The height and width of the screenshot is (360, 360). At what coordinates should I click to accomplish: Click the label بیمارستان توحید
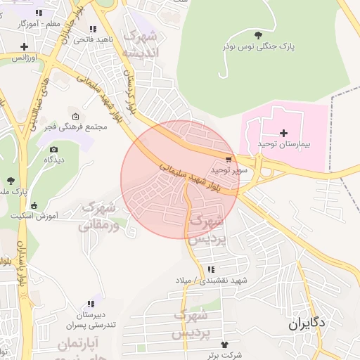[283, 143]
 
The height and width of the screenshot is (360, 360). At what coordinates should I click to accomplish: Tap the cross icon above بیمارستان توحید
[283, 133]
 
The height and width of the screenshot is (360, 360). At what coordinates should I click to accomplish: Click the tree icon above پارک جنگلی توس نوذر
[258, 34]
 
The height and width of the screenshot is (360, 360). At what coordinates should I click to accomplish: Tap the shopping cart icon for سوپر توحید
[229, 160]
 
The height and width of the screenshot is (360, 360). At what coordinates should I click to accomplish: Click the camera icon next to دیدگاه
[54, 150]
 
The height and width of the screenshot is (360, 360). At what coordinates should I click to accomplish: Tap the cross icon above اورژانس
[24, 46]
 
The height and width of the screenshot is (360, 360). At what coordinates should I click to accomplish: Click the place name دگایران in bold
[307, 325]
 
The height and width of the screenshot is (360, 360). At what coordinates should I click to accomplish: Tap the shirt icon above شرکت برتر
[224, 345]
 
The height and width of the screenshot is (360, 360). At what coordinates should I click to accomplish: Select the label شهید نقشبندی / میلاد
[212, 281]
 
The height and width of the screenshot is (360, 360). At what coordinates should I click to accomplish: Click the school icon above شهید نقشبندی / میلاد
[211, 270]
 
